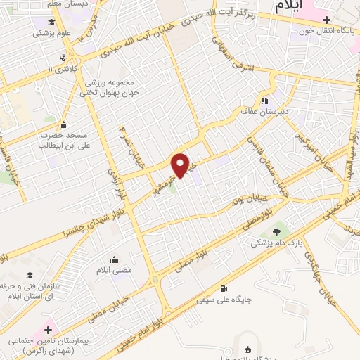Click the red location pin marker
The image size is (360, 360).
181,165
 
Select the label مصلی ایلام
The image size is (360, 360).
113,269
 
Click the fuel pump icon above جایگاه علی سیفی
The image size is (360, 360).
224,288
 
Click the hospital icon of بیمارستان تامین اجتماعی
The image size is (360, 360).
49,328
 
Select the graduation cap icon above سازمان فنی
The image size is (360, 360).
30,276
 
